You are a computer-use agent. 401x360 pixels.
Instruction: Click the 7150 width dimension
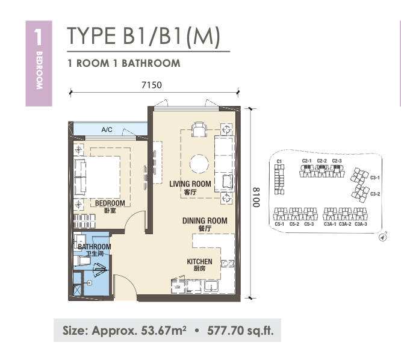152,85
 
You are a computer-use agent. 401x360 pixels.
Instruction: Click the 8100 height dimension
256,197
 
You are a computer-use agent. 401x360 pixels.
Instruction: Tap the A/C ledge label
107,129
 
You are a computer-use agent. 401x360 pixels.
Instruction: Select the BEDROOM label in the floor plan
110,203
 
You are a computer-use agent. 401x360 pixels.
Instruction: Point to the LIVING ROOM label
190,184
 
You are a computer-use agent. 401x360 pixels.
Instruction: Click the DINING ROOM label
205,221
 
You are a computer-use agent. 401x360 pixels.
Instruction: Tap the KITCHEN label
199,261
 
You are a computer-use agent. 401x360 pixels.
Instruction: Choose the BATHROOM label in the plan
95,247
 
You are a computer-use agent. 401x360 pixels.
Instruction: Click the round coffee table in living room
199,164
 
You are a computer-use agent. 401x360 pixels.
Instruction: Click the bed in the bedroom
97,177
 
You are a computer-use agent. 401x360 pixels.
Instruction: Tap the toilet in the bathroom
82,261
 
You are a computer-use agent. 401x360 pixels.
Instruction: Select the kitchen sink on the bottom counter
211,286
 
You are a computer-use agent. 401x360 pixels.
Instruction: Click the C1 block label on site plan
279,161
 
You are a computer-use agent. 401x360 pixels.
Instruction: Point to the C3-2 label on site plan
375,194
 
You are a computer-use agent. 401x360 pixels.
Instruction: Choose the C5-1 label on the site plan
279,224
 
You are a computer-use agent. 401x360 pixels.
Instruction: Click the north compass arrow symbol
382,238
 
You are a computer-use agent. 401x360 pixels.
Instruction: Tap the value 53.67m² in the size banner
164,331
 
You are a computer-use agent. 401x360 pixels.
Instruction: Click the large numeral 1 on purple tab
38,37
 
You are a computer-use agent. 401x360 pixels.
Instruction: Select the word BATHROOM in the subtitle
151,63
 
